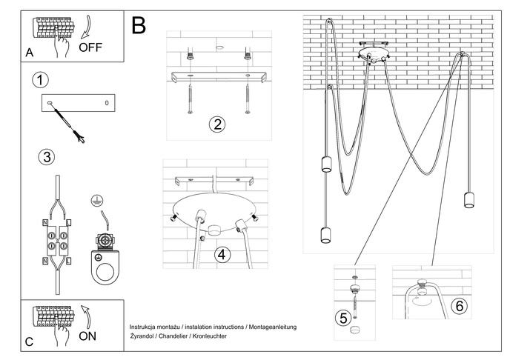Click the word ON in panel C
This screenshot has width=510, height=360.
(88, 335)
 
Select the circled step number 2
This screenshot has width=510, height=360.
(216, 124)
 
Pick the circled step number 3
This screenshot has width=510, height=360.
(46, 157)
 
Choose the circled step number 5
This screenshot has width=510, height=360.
(342, 318)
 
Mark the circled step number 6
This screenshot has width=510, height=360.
(460, 304)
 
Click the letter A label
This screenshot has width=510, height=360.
(29, 53)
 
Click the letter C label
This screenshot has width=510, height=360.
(29, 342)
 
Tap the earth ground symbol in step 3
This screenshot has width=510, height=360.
(95, 200)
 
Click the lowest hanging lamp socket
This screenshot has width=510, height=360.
(325, 236)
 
